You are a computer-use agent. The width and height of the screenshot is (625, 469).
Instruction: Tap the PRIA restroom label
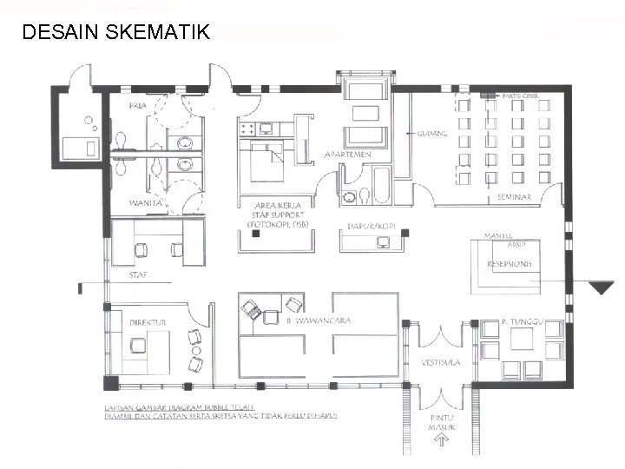137,106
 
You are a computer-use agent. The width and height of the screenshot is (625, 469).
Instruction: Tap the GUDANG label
432,134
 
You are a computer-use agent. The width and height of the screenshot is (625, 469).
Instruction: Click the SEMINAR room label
515,198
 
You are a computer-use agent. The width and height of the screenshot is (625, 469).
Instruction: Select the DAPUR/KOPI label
372,226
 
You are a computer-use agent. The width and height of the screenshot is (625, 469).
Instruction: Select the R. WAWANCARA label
318,320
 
